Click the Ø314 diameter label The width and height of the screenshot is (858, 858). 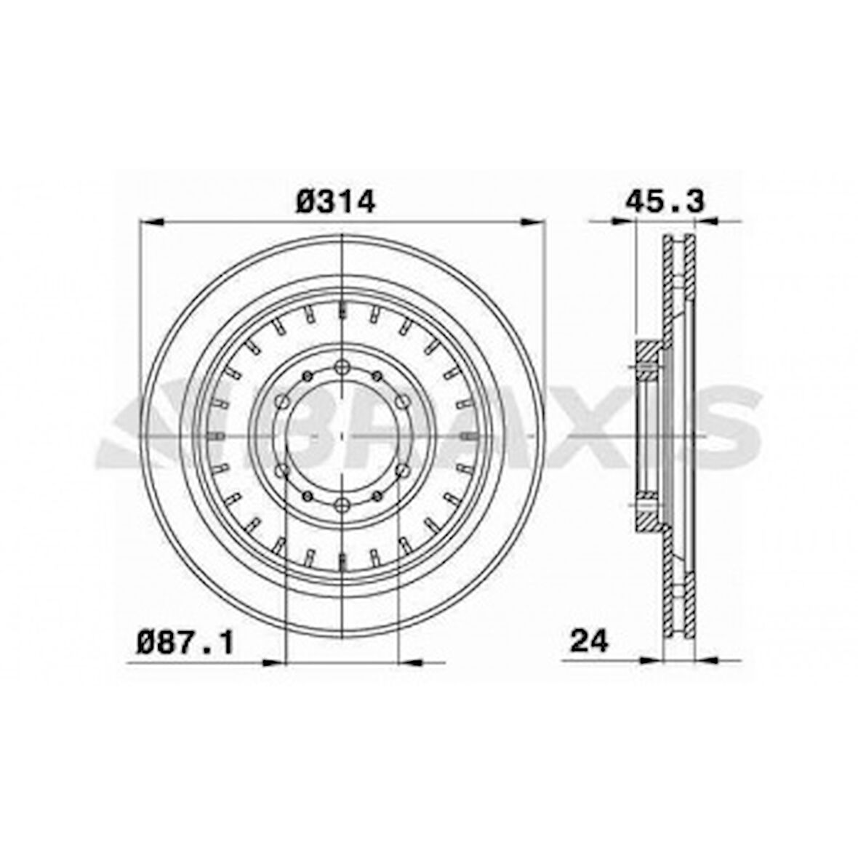coord(336,202)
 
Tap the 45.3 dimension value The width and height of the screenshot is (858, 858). coord(665,201)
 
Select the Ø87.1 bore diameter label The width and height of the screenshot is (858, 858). coord(185,642)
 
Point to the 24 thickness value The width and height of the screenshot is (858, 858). coord(589,641)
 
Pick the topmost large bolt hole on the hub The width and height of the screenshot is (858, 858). coord(342,367)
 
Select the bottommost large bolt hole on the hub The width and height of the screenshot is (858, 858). coord(342,505)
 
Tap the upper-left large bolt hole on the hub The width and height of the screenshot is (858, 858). coord(282,401)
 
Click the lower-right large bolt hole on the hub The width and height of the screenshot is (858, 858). coord(402,470)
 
